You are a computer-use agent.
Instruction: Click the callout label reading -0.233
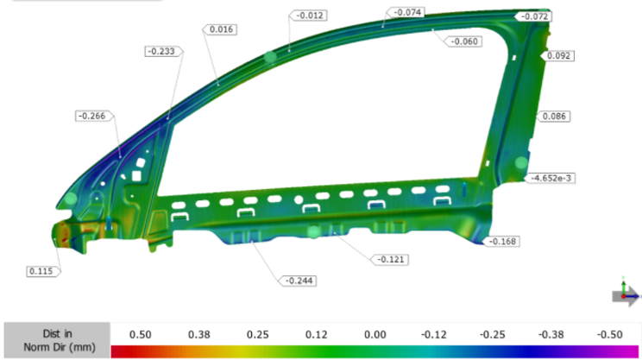click(x=164, y=51)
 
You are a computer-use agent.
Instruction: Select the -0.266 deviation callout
click(x=94, y=116)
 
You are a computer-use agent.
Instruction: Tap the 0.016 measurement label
click(x=220, y=29)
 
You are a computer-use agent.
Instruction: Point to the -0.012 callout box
click(x=308, y=16)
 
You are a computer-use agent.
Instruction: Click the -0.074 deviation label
click(x=406, y=12)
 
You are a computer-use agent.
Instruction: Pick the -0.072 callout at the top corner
click(x=533, y=16)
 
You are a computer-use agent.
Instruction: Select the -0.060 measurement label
click(x=463, y=41)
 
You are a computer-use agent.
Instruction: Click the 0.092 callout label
click(x=557, y=56)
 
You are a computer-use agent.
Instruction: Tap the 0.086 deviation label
click(x=553, y=117)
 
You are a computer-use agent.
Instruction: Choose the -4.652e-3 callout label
click(x=550, y=178)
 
